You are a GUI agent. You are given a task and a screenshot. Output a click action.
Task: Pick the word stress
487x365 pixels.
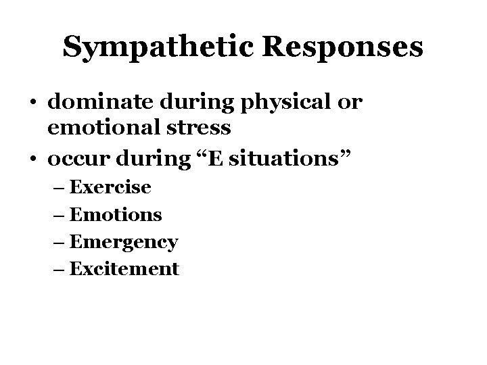tap(202, 127)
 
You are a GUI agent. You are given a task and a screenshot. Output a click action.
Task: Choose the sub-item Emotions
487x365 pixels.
tap(116, 214)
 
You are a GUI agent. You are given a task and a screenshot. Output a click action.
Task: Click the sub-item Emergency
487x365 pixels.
tap(124, 242)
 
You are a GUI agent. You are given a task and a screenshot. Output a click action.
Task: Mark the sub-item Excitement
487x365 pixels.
tap(124, 269)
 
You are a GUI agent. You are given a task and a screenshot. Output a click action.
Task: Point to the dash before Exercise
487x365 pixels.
tap(60, 187)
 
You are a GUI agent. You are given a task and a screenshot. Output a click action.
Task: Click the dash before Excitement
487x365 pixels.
tap(60, 270)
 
